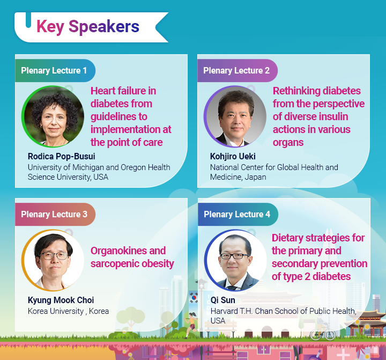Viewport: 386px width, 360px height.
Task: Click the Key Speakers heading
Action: [x=87, y=26]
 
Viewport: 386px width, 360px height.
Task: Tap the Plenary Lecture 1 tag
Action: [x=54, y=71]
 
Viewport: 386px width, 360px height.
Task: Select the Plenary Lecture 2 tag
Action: [x=236, y=71]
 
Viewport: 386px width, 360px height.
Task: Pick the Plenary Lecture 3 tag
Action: [x=54, y=215]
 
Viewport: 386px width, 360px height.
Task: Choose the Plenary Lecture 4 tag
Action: [x=236, y=215]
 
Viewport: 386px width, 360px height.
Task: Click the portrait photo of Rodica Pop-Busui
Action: [x=53, y=116]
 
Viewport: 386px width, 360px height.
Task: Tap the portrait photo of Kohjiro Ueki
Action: [x=235, y=116]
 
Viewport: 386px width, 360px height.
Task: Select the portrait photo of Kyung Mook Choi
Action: [x=53, y=260]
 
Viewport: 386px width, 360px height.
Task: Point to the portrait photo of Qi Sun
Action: [x=235, y=260]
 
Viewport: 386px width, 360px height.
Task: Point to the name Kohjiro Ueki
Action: [x=233, y=157]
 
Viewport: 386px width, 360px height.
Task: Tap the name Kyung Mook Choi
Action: [x=61, y=300]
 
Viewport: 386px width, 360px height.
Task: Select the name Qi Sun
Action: [x=222, y=300]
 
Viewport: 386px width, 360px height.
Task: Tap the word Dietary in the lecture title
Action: [x=288, y=238]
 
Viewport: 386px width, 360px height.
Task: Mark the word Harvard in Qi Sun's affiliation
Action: [x=226, y=311]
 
